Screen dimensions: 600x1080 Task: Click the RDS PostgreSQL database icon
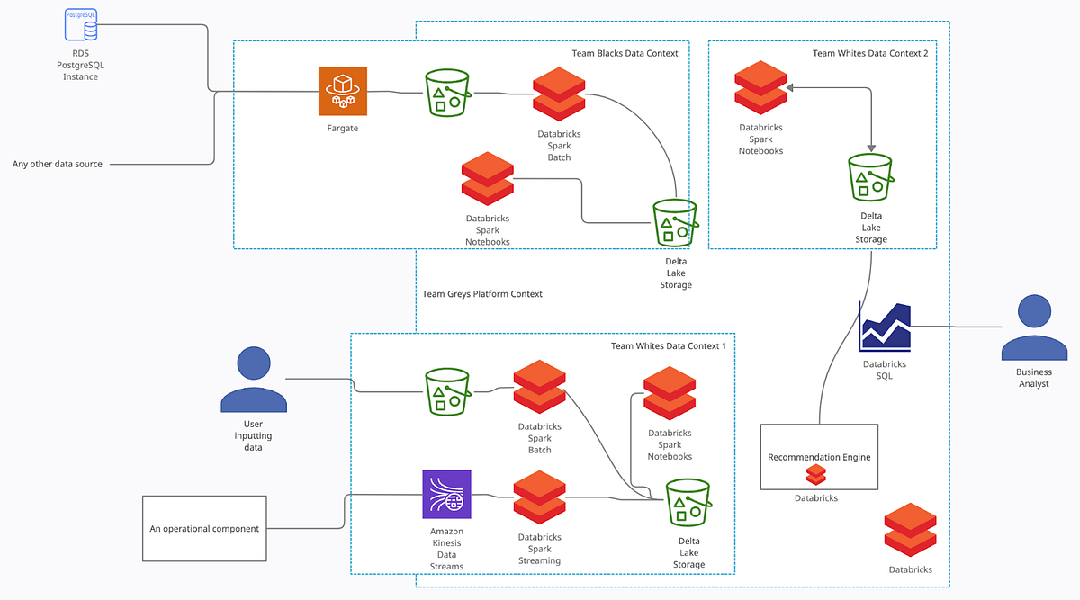[81, 24]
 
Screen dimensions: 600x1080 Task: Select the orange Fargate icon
[343, 91]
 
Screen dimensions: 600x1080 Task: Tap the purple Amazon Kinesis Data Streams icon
[446, 494]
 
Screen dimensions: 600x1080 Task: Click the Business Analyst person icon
[1034, 328]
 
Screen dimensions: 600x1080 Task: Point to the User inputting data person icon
[254, 380]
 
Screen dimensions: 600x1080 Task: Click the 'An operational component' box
[204, 528]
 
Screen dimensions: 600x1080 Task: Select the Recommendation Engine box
[819, 457]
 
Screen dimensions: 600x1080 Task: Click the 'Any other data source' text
[58, 164]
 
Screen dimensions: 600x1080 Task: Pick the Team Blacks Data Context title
[625, 53]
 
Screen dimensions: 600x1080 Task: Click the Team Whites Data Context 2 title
[869, 53]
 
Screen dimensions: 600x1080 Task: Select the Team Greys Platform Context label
[482, 294]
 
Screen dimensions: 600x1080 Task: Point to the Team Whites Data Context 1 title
[668, 346]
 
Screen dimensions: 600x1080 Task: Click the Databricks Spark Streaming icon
[539, 497]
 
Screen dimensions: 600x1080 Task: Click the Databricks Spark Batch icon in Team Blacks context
[559, 94]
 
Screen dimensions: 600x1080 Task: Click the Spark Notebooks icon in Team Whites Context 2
[760, 87]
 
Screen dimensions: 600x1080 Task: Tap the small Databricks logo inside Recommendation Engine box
[815, 474]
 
